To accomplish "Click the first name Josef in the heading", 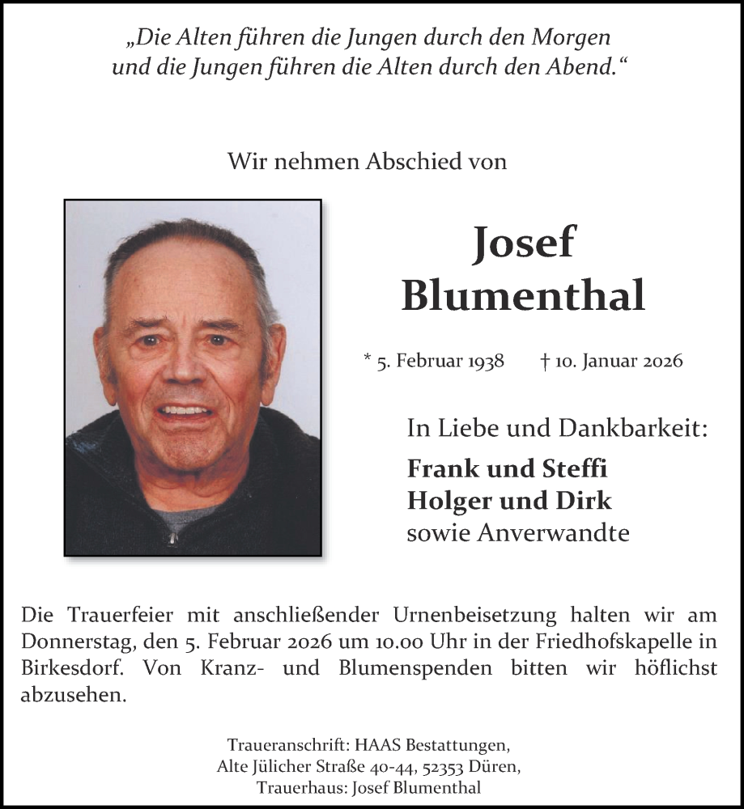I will coord(523,242).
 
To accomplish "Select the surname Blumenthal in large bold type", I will coord(523,295).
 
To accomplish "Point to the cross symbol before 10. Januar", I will coord(545,360).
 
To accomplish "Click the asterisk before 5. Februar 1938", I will coord(368,359).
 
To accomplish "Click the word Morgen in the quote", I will coord(572,36).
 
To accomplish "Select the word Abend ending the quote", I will coord(579,67).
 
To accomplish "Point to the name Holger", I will coord(441,501).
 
